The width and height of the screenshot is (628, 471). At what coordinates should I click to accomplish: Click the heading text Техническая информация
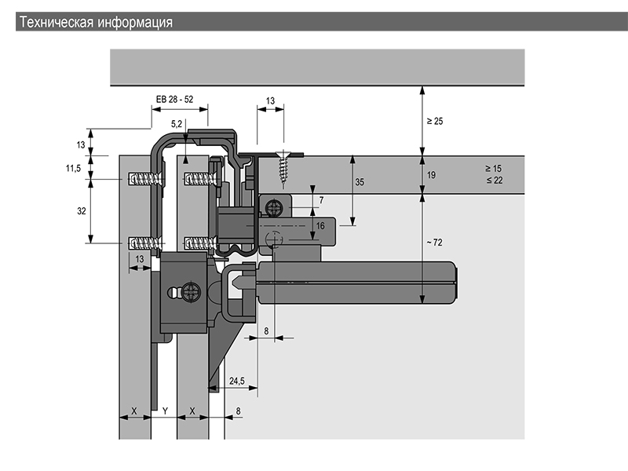(96, 22)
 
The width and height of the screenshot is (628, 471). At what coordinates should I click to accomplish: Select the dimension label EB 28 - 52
(174, 100)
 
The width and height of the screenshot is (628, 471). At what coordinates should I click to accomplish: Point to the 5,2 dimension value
(177, 124)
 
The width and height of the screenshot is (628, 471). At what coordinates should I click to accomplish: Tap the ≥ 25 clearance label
(435, 121)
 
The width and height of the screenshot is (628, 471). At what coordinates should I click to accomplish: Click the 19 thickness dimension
(431, 175)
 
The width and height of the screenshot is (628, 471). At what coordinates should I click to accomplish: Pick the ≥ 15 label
(494, 169)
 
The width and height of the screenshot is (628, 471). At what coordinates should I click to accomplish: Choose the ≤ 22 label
(495, 181)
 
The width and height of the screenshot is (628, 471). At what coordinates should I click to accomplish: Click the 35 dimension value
(360, 182)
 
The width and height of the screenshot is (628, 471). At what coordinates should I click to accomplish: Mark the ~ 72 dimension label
(435, 243)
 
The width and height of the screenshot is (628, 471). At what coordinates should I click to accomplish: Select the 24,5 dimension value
(237, 381)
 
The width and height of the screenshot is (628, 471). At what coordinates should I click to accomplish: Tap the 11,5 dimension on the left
(73, 168)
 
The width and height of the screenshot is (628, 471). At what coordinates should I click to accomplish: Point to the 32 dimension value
(82, 210)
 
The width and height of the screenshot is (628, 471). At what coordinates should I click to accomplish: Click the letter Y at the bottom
(165, 411)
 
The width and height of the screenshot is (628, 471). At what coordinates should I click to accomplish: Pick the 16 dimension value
(320, 226)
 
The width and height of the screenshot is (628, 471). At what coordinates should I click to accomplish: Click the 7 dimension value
(321, 200)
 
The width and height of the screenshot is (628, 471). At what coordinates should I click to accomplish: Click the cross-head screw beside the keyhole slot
(191, 292)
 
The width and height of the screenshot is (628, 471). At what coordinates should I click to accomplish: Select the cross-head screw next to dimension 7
(274, 208)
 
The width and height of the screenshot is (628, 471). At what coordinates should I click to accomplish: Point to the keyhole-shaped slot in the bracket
(173, 292)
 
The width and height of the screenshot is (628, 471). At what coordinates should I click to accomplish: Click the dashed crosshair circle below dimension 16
(274, 239)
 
